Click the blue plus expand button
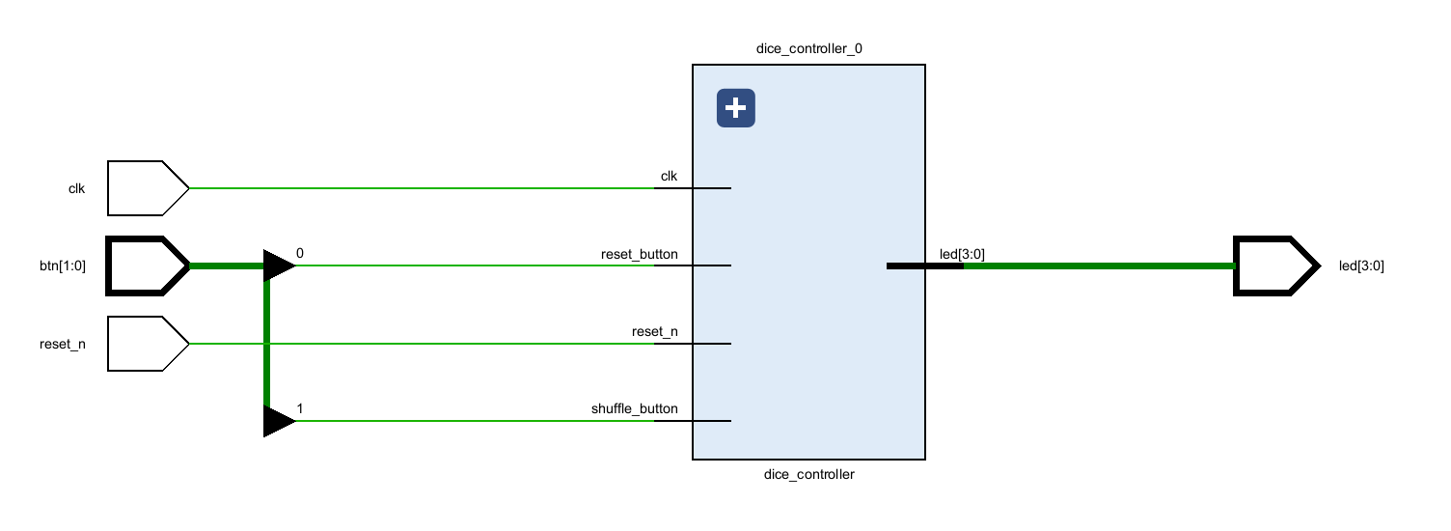pyautogui.click(x=735, y=108)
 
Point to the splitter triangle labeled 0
pyautogui.click(x=278, y=265)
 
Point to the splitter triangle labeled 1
pyautogui.click(x=278, y=421)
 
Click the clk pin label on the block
pyautogui.click(x=669, y=177)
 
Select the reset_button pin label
pyautogui.click(x=639, y=254)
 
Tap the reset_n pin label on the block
pyautogui.click(x=654, y=332)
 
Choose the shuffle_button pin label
pyautogui.click(x=634, y=409)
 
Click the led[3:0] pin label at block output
pyautogui.click(x=962, y=254)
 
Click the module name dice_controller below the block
pyautogui.click(x=808, y=474)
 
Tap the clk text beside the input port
pyautogui.click(x=76, y=188)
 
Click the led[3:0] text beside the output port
pyautogui.click(x=1361, y=265)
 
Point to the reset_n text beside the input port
pyautogui.click(x=62, y=344)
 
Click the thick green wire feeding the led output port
pyautogui.click(x=1100, y=265)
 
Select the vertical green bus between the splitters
pyautogui.click(x=266, y=343)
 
